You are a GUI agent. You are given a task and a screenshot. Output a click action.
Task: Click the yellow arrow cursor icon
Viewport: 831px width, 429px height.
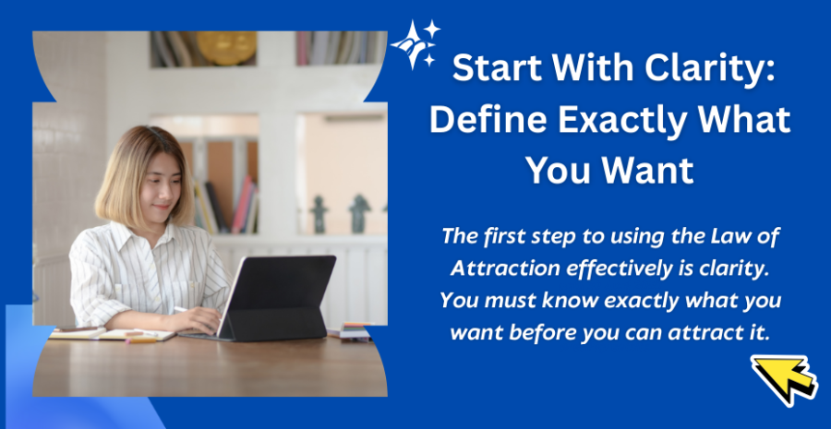click(783, 378)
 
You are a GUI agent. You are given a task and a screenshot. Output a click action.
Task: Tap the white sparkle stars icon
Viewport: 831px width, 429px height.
click(415, 44)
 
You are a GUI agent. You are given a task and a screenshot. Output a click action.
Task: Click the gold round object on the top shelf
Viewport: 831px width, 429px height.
click(226, 48)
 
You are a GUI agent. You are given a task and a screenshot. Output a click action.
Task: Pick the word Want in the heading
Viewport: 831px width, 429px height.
click(650, 171)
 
